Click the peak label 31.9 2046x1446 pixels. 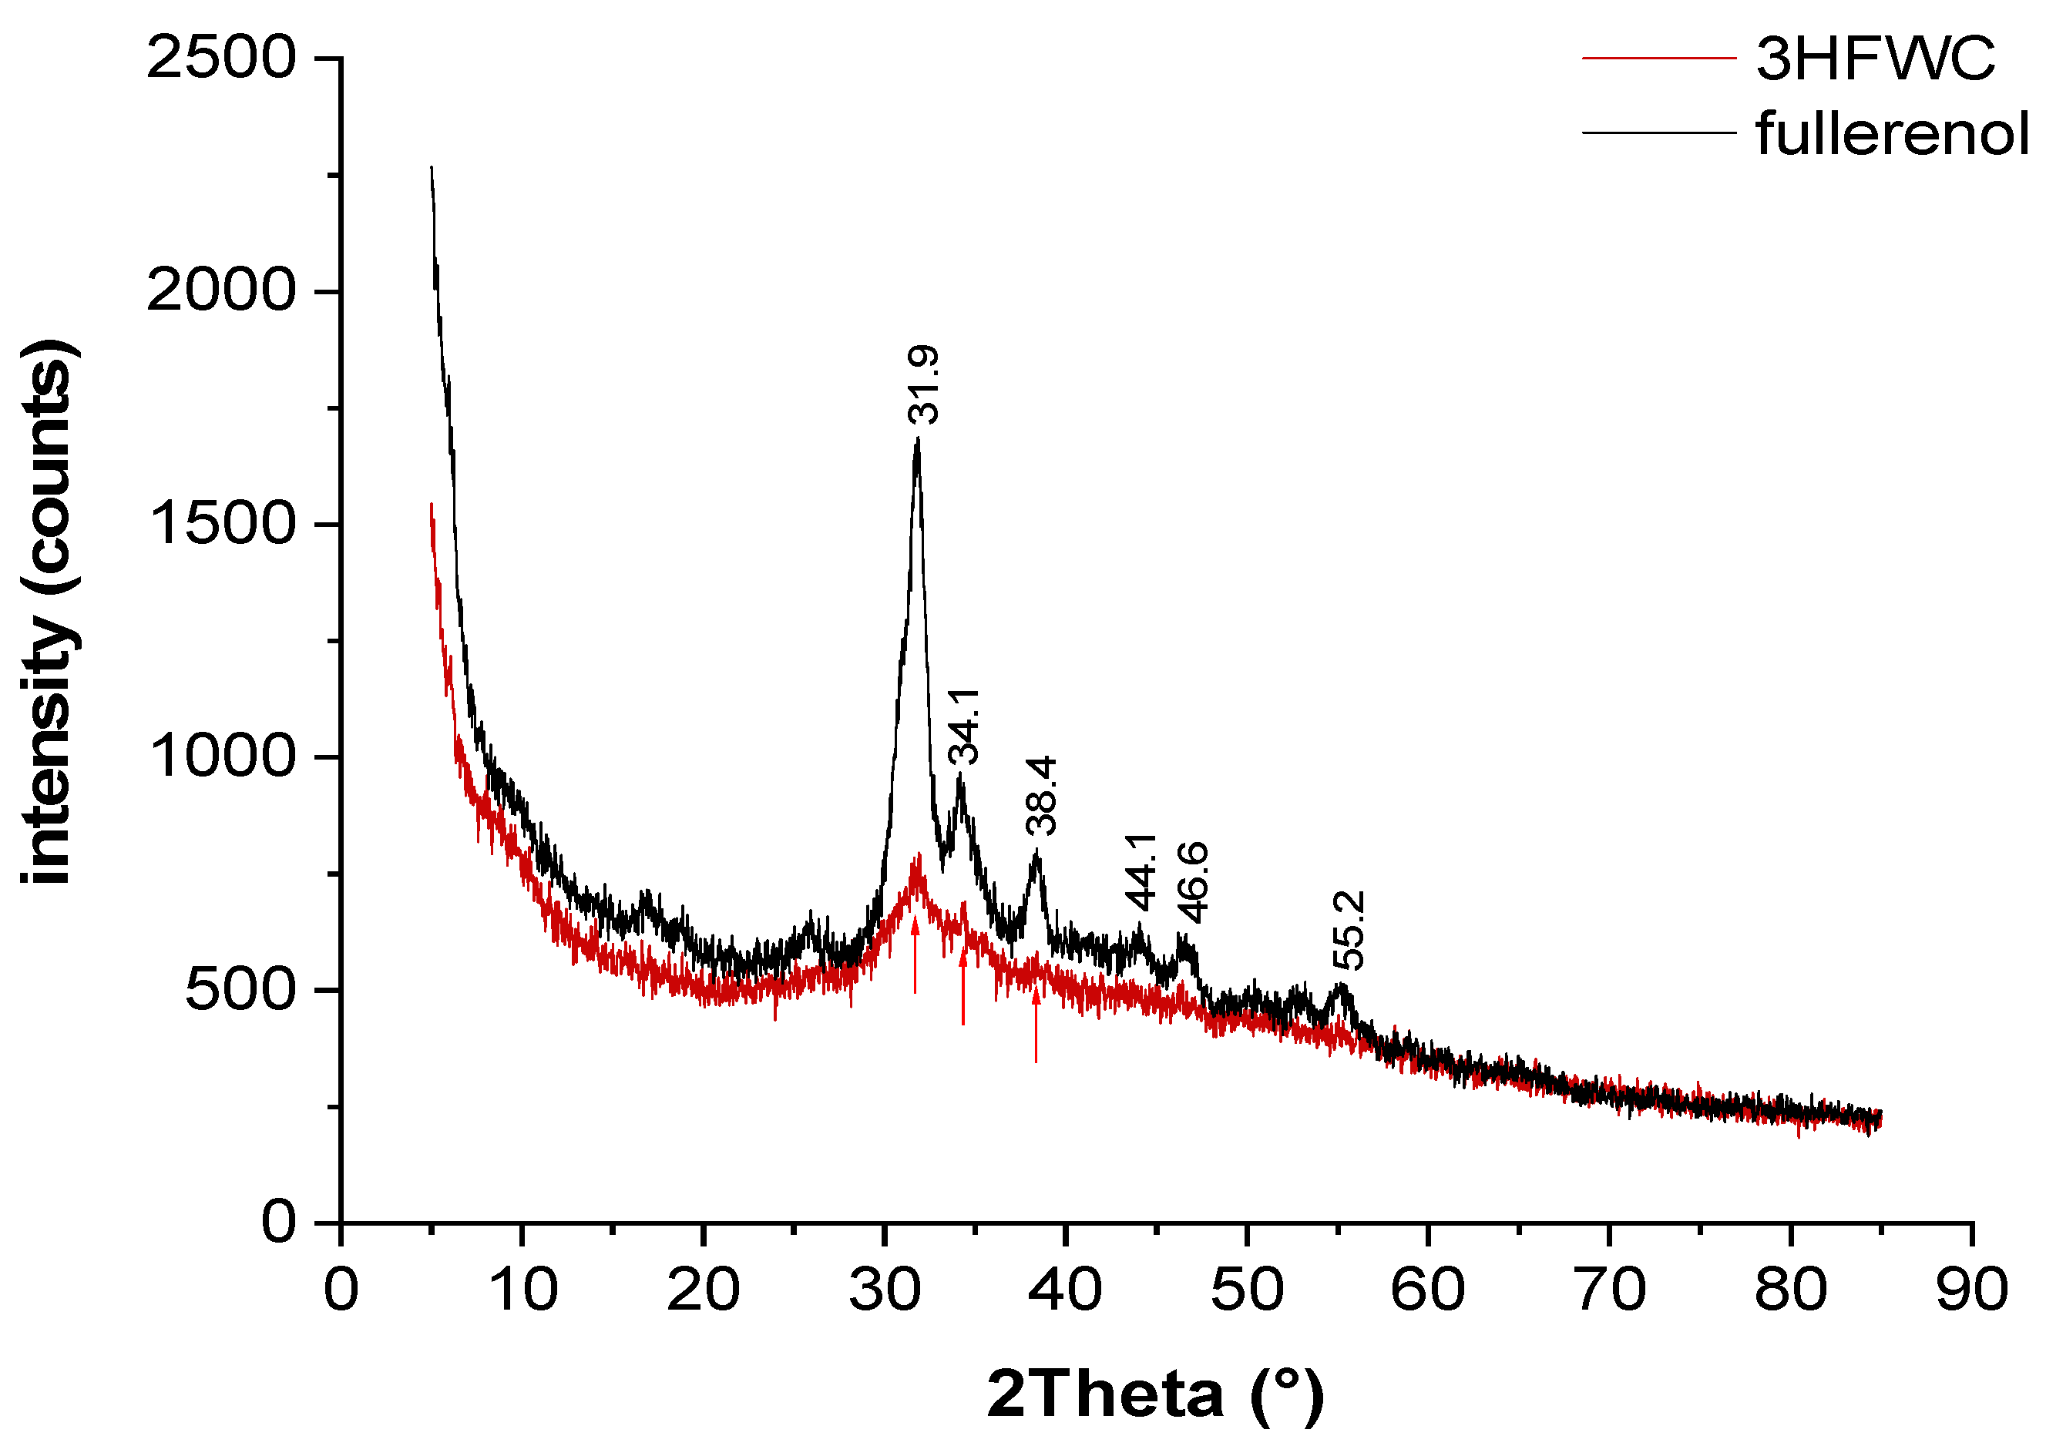click(x=923, y=385)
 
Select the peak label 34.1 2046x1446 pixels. click(x=963, y=726)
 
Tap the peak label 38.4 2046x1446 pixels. click(x=1041, y=796)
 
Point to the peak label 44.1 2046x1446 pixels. click(x=1141, y=872)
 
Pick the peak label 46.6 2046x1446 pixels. click(x=1192, y=882)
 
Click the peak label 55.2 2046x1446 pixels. click(x=1349, y=930)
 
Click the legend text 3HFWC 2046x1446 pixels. click(x=1875, y=59)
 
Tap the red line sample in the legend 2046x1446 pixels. click(x=1658, y=59)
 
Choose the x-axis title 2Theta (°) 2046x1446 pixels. click(x=1156, y=1394)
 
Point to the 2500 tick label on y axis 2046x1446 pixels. click(x=220, y=59)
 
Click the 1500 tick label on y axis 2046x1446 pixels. click(x=220, y=524)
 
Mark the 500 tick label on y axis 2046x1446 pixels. click(x=239, y=990)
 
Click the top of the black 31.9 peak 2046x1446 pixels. click(x=917, y=441)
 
